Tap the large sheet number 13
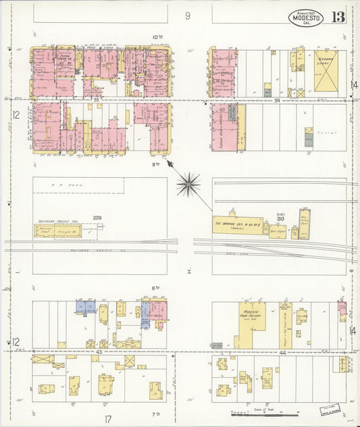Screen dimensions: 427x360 click(338, 18)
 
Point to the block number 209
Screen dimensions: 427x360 click(97, 218)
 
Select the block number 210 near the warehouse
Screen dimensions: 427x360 click(280, 218)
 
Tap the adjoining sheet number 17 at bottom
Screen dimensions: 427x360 click(107, 419)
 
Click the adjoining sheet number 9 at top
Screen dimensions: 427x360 click(188, 15)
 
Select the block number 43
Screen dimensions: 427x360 click(99, 353)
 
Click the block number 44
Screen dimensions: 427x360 click(282, 353)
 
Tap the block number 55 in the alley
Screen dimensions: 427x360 click(97, 100)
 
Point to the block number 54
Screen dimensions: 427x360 click(278, 100)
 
